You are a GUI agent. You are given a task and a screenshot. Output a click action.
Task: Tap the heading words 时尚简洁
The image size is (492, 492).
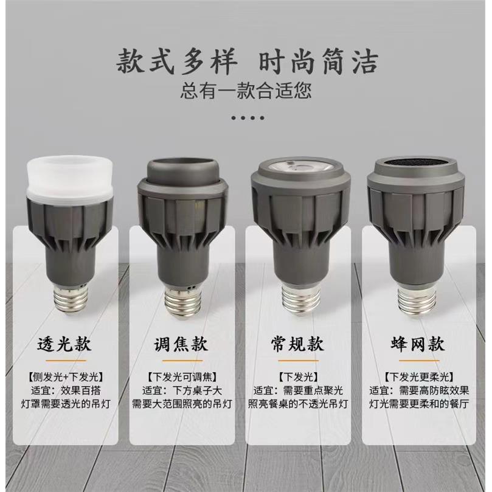pyautogui.click(x=319, y=62)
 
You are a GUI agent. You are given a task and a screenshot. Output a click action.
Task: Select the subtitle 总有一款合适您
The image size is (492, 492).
pyautogui.click(x=246, y=91)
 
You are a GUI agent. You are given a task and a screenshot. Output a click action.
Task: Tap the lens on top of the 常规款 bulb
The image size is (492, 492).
pyautogui.click(x=300, y=166)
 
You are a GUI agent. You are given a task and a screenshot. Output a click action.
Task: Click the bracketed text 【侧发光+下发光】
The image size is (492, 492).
pyautogui.click(x=68, y=377)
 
